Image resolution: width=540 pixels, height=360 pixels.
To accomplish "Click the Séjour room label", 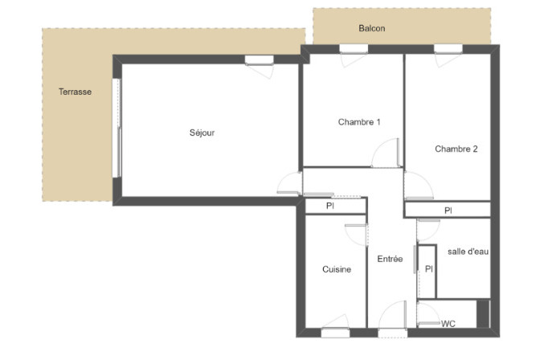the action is pyautogui.click(x=202, y=133).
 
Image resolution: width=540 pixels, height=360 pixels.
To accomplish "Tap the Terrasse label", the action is pyautogui.click(x=75, y=92).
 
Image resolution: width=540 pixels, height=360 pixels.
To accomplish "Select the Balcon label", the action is pyautogui.click(x=372, y=28).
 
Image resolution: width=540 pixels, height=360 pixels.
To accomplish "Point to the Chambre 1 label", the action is pyautogui.click(x=359, y=122).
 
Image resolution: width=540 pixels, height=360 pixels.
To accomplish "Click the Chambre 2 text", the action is pyautogui.click(x=456, y=149).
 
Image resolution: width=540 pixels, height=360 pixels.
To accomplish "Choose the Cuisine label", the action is pyautogui.click(x=337, y=269).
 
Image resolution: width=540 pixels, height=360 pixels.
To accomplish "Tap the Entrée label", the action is pyautogui.click(x=390, y=259).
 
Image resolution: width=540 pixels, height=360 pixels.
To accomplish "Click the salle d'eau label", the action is pyautogui.click(x=468, y=252).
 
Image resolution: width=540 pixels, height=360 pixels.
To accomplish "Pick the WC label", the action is pyautogui.click(x=448, y=324).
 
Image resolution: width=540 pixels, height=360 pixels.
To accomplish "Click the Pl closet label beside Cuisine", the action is pyautogui.click(x=330, y=206).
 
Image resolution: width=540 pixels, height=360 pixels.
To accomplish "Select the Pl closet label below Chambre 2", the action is pyautogui.click(x=448, y=211).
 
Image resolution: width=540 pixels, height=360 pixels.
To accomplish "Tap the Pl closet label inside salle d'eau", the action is pyautogui.click(x=429, y=268).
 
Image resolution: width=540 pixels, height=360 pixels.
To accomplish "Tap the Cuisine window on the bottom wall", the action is pyautogui.click(x=335, y=333).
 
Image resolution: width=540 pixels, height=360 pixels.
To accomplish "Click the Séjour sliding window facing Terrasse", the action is pyautogui.click(x=117, y=128).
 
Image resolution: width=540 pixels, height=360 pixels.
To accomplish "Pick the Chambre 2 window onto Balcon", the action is pyautogui.click(x=448, y=49).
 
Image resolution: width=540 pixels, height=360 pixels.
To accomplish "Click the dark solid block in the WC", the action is pyautogui.click(x=483, y=313).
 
